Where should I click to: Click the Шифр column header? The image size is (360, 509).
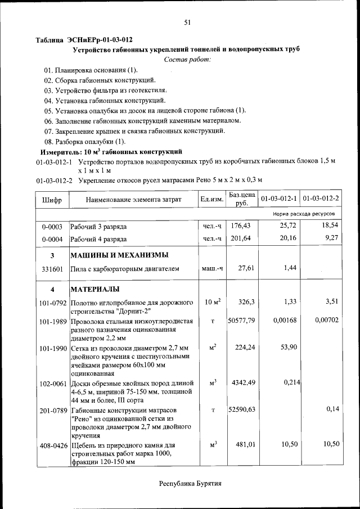click(52, 200)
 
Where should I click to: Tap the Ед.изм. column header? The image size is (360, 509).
click(212, 200)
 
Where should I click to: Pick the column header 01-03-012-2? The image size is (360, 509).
click(321, 199)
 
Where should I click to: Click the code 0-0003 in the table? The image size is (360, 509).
click(52, 227)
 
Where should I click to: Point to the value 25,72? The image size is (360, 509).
click(287, 226)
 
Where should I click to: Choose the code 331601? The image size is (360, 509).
click(52, 269)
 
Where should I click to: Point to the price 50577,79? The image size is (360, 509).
click(241, 321)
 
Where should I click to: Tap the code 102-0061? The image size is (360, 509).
click(52, 384)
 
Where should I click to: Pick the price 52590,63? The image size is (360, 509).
click(241, 410)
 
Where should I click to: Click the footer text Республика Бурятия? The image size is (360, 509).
click(190, 483)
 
